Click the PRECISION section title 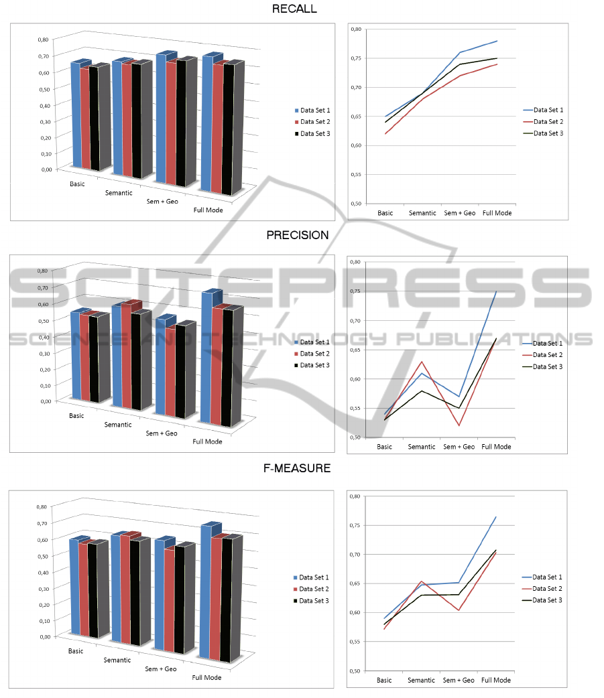pyautogui.click(x=298, y=235)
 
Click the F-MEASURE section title pyautogui.click(x=297, y=468)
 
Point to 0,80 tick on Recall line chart pyautogui.click(x=355, y=29)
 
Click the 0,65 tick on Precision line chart pyautogui.click(x=355, y=350)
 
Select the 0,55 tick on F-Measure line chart pyautogui.click(x=355, y=642)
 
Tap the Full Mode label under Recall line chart pyautogui.click(x=497, y=213)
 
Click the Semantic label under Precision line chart pyautogui.click(x=422, y=447)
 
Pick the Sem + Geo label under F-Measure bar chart pyautogui.click(x=162, y=669)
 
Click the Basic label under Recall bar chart pyautogui.click(x=77, y=184)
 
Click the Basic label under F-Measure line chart pyautogui.click(x=384, y=681)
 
